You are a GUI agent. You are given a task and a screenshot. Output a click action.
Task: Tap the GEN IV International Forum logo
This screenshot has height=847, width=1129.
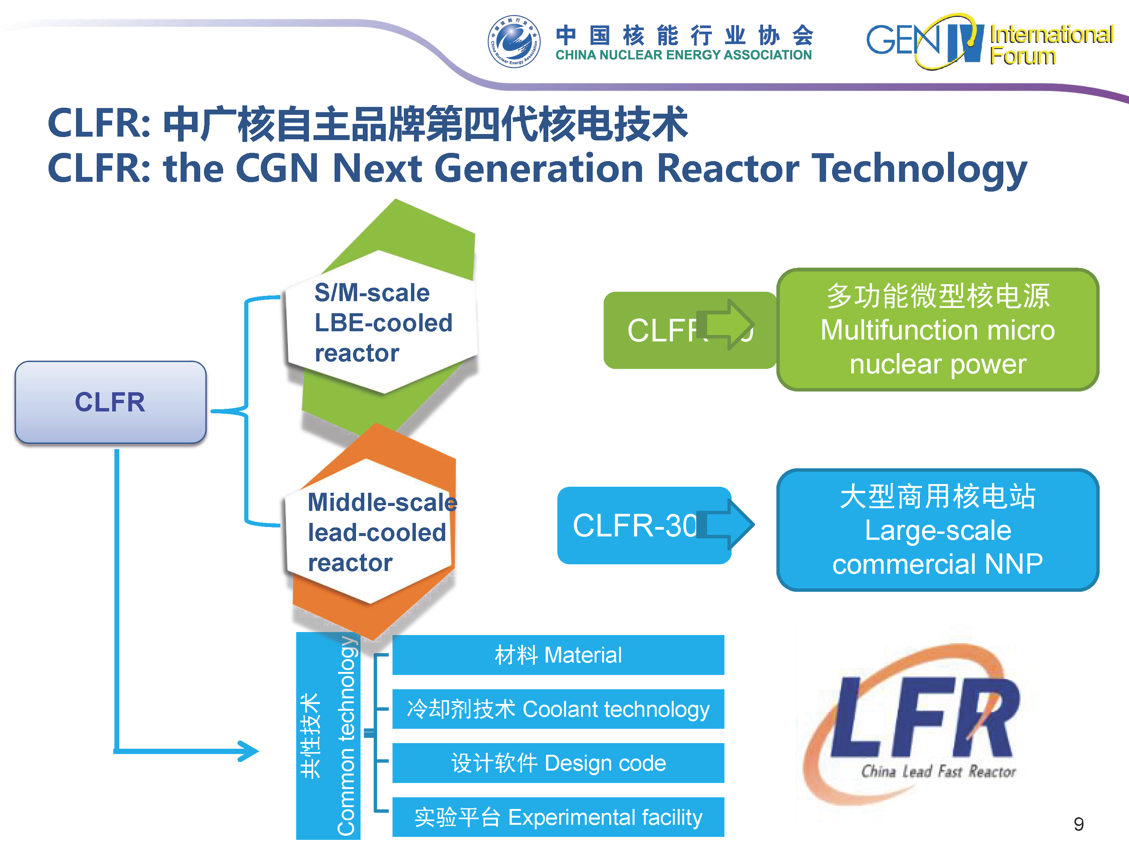989,42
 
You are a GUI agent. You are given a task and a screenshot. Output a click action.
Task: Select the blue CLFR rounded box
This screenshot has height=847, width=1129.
110,402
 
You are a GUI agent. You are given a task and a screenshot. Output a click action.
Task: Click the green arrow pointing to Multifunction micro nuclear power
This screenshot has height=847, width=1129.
727,325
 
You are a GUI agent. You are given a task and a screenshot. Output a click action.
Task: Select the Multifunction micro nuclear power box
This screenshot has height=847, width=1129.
937,330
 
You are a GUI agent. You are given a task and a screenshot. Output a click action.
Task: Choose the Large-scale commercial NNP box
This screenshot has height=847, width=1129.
937,530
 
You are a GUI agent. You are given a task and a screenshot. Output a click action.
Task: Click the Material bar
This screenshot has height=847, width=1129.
558,655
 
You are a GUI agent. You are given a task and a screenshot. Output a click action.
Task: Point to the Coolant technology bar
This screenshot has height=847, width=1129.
558,709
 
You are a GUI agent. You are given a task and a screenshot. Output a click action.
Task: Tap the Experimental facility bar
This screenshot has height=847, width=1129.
558,817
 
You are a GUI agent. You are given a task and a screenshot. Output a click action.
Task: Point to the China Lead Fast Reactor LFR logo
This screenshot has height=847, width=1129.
919,725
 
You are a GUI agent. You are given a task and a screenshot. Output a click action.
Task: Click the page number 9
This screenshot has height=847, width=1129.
1079,824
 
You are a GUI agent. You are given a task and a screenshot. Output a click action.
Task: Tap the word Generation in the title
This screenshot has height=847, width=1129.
539,169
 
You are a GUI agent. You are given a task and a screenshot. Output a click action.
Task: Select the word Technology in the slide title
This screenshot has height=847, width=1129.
919,169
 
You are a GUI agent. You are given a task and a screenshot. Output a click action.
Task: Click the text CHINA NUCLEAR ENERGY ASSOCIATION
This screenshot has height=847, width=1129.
683,55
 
